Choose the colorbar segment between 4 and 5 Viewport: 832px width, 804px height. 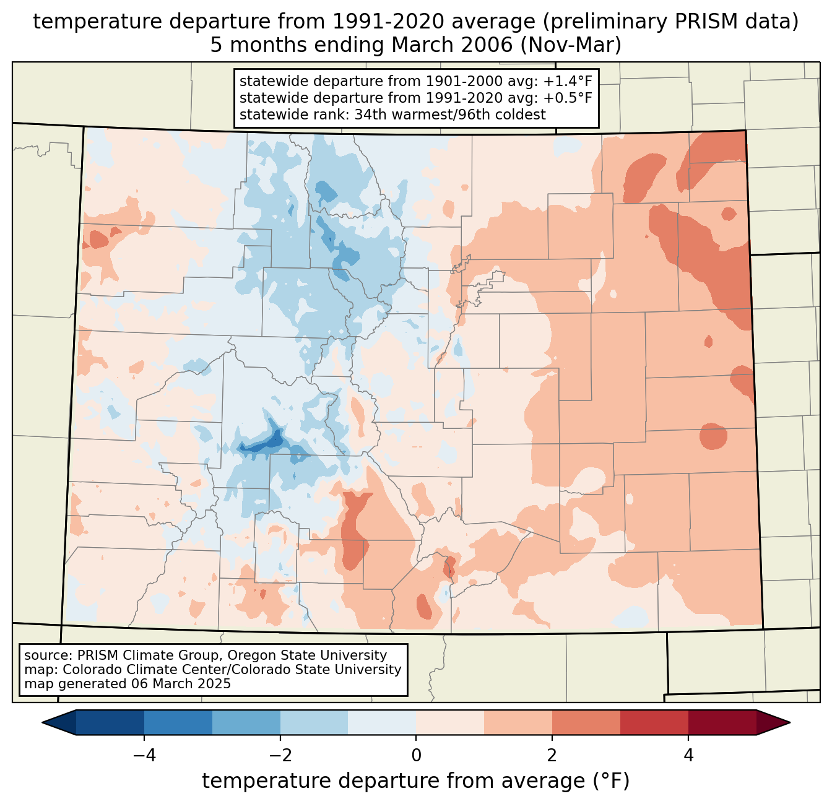click(722, 722)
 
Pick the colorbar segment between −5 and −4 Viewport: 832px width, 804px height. click(110, 722)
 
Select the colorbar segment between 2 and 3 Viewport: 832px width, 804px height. click(586, 722)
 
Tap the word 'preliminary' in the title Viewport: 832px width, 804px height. click(588, 22)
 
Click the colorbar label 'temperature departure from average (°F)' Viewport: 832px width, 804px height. click(416, 781)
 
